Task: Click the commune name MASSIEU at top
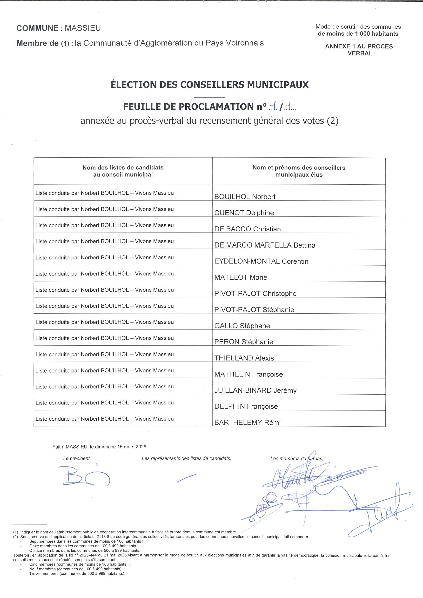(83, 28)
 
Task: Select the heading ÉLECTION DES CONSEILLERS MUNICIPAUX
(210, 85)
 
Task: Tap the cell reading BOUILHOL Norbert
(245, 197)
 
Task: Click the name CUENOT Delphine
(244, 213)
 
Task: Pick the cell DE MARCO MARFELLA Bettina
(265, 245)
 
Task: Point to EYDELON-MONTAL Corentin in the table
(261, 261)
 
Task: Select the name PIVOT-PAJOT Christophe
(255, 294)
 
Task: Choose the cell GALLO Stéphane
(242, 326)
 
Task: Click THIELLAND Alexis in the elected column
(244, 358)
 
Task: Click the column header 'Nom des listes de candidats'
(123, 168)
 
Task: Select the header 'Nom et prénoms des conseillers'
(299, 168)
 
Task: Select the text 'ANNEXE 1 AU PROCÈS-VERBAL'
(360, 50)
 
